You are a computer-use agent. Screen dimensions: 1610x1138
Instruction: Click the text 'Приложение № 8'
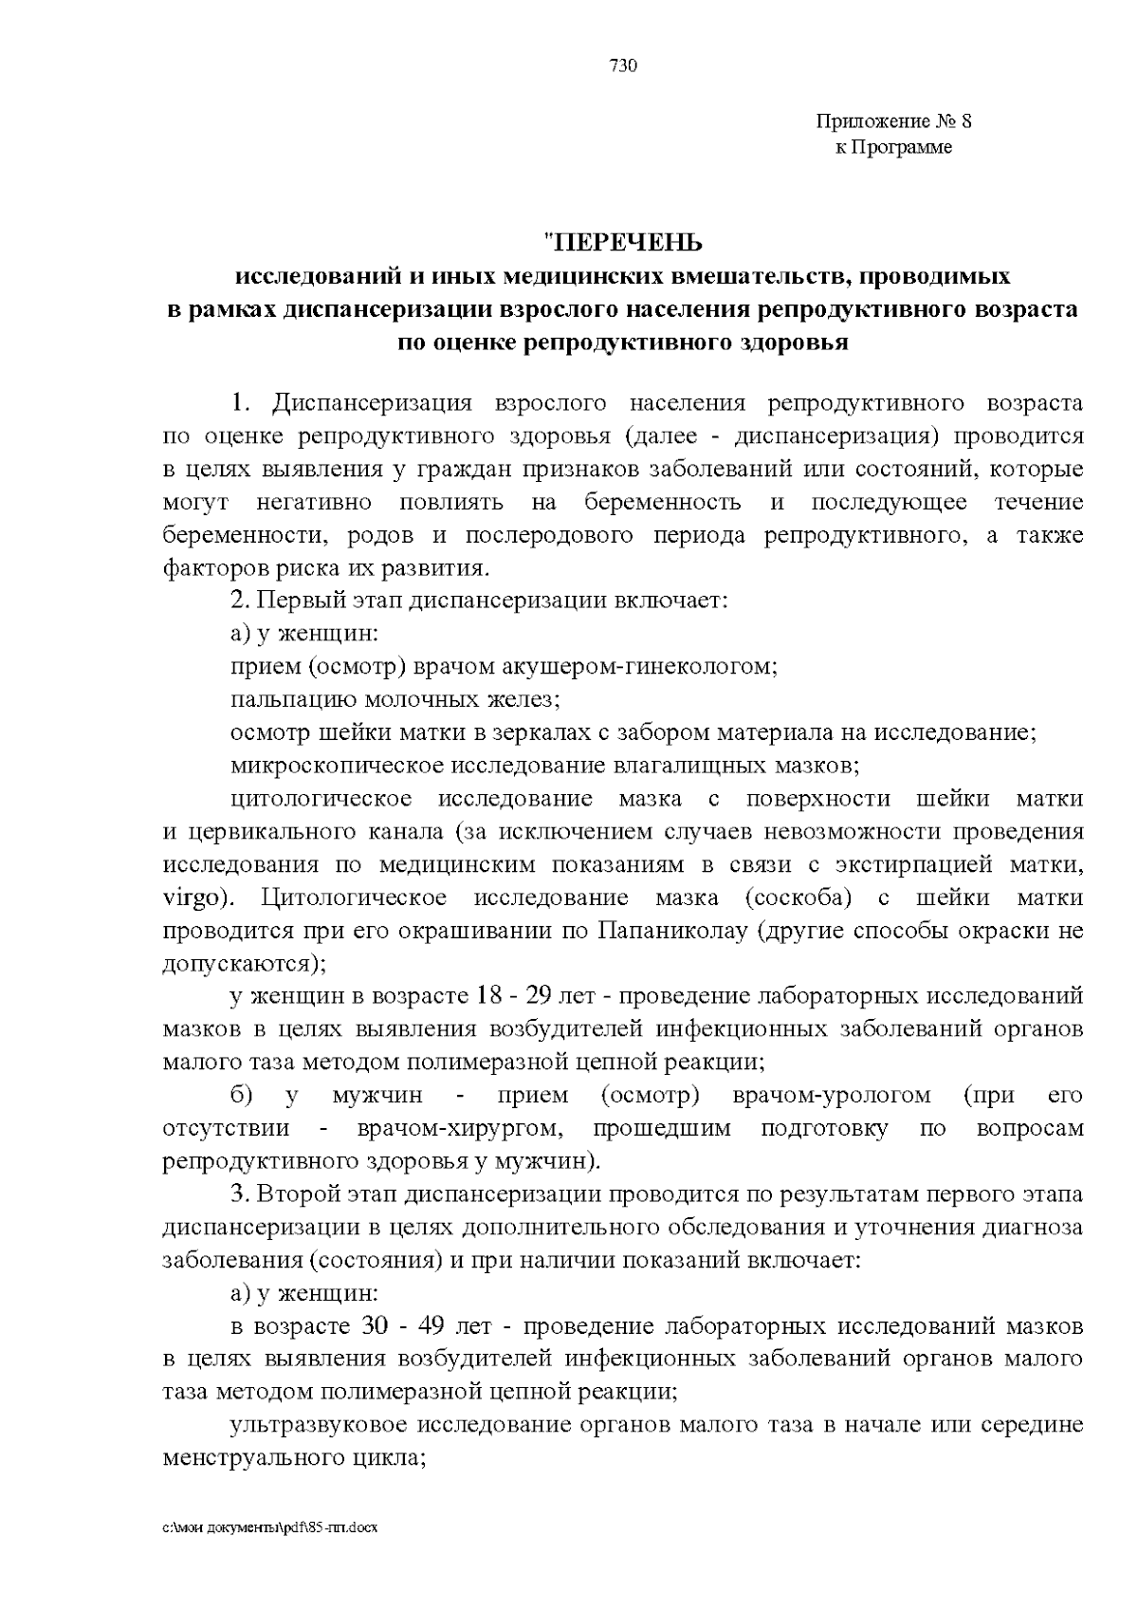coord(894,121)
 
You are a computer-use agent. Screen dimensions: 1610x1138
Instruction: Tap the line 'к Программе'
coord(893,147)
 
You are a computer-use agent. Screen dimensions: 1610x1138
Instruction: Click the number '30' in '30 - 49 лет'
coord(374,1325)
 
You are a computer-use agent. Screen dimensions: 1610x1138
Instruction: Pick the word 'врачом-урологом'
coord(832,1096)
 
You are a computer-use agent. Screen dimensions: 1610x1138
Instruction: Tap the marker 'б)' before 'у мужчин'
coord(241,1096)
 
